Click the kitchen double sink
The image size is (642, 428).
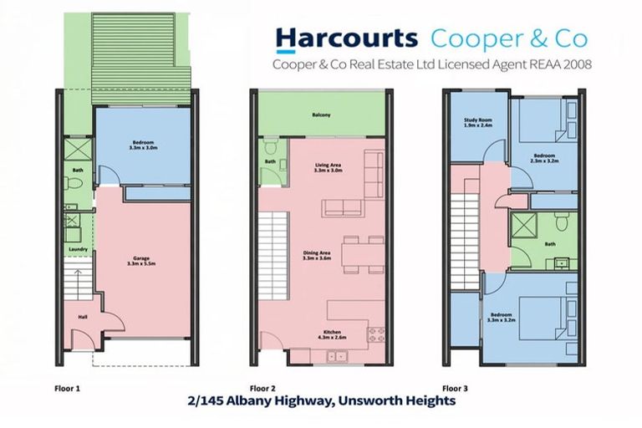(339, 356)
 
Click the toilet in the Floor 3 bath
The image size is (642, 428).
(562, 221)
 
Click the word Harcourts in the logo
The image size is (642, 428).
(346, 38)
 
